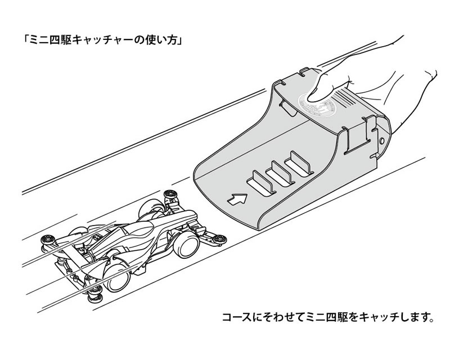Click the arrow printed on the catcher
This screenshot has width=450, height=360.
click(x=237, y=199)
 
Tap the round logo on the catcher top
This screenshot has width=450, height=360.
click(x=317, y=104)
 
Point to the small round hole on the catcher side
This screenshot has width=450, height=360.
click(x=381, y=141)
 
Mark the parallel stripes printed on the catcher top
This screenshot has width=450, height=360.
click(x=345, y=97)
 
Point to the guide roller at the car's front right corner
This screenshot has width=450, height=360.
click(x=219, y=238)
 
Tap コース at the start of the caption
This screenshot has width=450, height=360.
click(x=238, y=317)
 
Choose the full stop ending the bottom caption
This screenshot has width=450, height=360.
click(x=430, y=319)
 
